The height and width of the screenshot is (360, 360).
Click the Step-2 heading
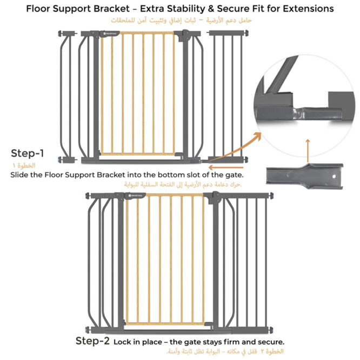coord(92,341)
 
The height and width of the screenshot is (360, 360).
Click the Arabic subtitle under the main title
coord(180,21)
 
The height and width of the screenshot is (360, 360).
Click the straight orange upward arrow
coord(307,151)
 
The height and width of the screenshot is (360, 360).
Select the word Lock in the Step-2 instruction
coord(126,342)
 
